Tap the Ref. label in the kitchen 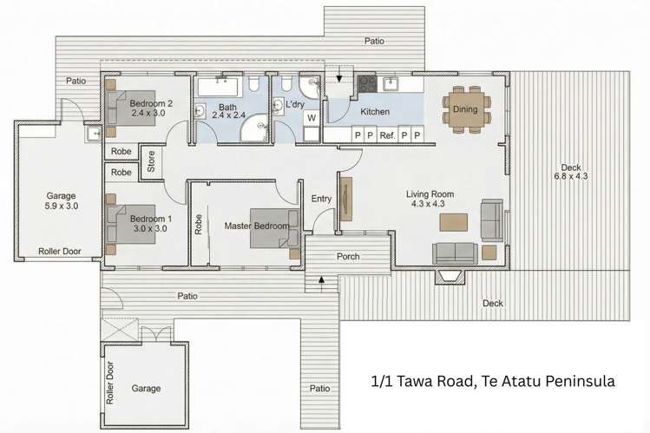388,135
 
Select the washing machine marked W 311,118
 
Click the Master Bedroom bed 274,227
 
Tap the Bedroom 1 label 149,220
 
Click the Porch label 348,257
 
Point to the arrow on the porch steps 321,279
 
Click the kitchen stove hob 366,84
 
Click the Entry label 321,199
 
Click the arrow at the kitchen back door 339,81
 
